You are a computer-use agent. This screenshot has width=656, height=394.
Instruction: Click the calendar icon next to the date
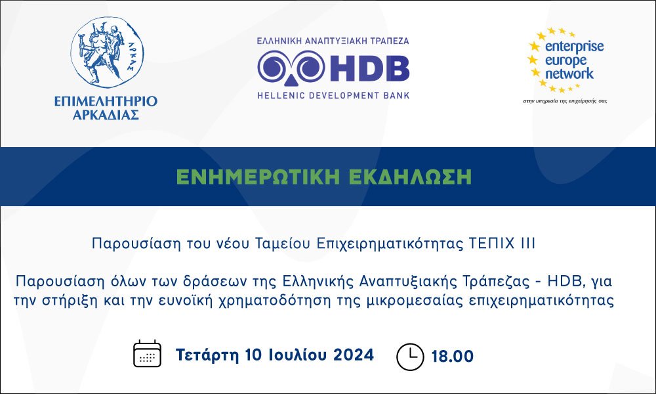147,354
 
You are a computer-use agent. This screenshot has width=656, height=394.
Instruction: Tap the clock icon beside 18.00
410,357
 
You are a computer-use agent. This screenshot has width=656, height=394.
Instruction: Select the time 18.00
452,357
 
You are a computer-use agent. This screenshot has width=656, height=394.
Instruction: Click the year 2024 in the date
354,355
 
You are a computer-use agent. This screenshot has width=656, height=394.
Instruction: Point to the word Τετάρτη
207,355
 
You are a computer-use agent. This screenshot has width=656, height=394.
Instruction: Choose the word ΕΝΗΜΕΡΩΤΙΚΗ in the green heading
258,177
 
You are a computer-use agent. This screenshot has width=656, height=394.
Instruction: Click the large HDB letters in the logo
369,68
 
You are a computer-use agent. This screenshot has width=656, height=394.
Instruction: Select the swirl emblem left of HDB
291,68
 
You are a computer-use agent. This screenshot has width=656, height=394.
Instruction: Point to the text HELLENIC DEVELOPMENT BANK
333,95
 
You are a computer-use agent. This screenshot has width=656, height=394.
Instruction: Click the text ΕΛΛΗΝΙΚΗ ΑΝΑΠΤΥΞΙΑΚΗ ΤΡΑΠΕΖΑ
333,41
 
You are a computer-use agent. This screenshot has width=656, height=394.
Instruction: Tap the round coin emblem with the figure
107,53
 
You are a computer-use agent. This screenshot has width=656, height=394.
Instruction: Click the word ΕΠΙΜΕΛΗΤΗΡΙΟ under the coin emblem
106,101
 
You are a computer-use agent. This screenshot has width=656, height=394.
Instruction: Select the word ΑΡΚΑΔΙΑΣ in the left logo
106,115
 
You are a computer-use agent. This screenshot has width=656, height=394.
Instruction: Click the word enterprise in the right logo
575,47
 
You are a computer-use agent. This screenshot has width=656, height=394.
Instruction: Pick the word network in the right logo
569,74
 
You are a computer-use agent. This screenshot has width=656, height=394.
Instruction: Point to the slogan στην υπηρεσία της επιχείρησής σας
565,101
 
